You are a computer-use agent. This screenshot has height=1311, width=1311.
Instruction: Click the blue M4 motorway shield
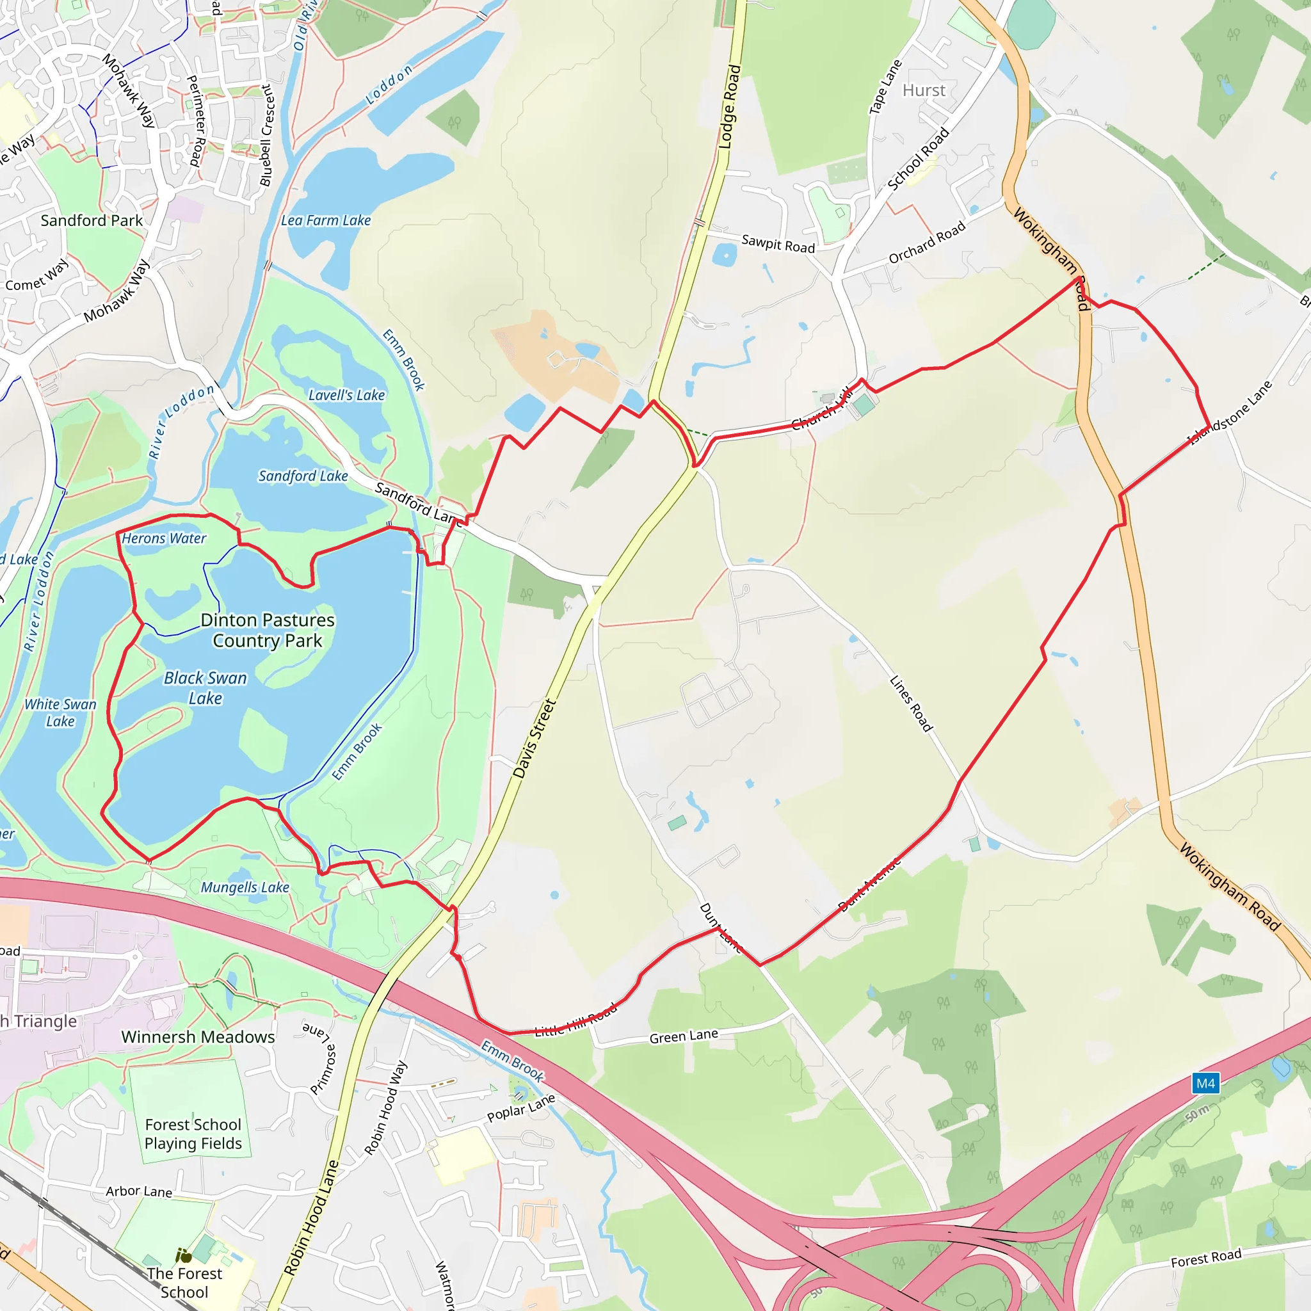coord(1205,1083)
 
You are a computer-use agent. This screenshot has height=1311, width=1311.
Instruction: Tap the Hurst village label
coord(924,90)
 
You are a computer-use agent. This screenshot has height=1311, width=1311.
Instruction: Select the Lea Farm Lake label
coord(326,221)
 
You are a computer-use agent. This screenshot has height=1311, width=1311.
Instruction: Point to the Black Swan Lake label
coord(205,688)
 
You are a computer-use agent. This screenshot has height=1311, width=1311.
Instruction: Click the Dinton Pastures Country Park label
coord(268,630)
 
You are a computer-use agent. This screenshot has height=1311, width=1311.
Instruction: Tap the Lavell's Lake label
coord(347,395)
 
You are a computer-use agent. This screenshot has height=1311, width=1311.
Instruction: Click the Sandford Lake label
coord(303,476)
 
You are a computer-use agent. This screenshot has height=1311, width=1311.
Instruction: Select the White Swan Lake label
coord(60,712)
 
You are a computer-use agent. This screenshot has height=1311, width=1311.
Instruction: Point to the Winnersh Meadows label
coord(198,1037)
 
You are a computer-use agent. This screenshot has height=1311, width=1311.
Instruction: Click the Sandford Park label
coord(92,221)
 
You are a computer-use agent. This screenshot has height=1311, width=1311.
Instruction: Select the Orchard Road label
coord(927,243)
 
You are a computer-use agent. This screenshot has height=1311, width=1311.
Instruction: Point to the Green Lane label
coord(683,1036)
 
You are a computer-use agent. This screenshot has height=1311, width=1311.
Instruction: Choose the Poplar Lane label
coord(521,1108)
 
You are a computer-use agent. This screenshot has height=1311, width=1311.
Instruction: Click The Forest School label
coord(184,1282)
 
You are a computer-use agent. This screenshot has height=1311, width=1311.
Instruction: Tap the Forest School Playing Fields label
coord(193,1134)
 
